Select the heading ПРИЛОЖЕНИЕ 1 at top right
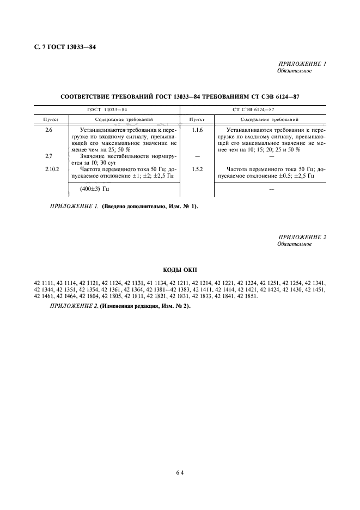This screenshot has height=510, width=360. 302,64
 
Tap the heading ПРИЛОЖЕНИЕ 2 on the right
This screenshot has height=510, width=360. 302,237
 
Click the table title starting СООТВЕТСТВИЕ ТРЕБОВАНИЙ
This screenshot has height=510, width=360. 180,96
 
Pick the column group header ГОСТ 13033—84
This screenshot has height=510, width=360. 107,110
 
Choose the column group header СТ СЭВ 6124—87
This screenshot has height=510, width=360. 253,110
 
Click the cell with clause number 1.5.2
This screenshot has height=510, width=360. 197,169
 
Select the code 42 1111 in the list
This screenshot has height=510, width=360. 44,283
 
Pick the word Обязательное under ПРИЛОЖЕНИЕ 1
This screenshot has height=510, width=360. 294,71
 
